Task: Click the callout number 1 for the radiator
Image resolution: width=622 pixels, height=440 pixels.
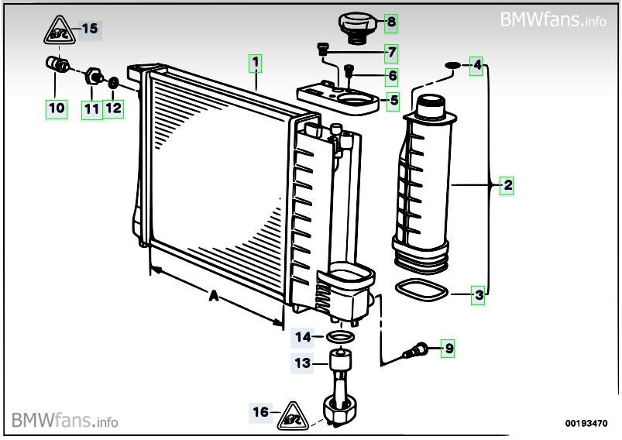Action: point(255,61)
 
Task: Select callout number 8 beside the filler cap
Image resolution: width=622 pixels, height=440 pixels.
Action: point(391,22)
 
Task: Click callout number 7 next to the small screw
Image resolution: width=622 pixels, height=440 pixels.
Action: point(392,53)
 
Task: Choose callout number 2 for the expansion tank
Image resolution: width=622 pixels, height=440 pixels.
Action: point(507,185)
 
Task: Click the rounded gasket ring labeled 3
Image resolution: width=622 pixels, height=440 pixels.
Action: point(421,291)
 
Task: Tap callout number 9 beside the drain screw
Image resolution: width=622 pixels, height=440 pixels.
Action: point(448,349)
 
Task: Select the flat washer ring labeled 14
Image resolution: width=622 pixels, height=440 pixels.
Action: point(338,337)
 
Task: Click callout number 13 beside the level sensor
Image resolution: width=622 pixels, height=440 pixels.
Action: point(301,362)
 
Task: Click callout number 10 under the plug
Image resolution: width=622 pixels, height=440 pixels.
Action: point(57,108)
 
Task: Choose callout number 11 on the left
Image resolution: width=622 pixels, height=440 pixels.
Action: point(92,108)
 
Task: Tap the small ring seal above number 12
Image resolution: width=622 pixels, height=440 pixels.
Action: point(113,82)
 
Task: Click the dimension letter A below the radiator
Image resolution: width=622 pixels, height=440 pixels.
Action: point(211,295)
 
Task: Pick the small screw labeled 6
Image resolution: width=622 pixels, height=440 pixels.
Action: point(349,72)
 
